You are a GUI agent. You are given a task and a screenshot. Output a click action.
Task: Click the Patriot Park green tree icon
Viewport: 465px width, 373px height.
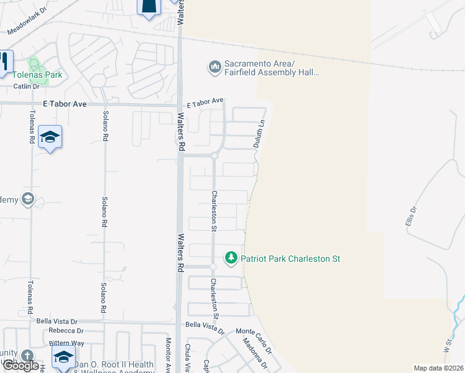pos(231,258)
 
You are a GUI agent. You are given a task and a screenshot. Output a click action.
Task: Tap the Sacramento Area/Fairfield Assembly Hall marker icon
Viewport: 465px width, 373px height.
pos(214,67)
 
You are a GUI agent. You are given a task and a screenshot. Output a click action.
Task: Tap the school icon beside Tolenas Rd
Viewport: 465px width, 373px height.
pos(50,137)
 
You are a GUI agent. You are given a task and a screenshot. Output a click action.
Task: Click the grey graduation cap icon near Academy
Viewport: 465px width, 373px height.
pos(27,199)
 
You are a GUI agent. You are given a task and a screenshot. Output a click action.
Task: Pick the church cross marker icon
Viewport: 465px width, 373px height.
pos(27,355)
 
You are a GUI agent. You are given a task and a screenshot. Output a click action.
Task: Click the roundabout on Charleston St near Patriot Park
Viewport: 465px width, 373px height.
pos(213,267)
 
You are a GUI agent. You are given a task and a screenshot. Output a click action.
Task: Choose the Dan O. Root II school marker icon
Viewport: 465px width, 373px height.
pos(63,358)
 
